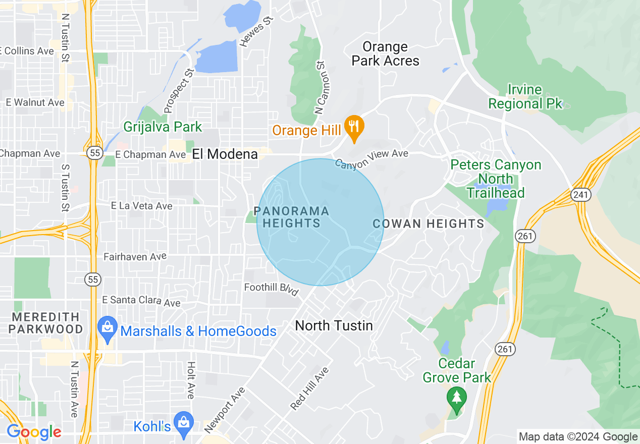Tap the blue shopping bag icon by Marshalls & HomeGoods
pyautogui.click(x=108, y=326)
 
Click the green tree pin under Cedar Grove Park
pyautogui.click(x=457, y=399)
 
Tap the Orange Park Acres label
pyautogui.click(x=385, y=54)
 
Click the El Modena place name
pyautogui.click(x=225, y=154)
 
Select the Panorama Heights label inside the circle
pyautogui.click(x=292, y=217)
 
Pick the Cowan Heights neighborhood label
pyautogui.click(x=428, y=224)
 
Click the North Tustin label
pyautogui.click(x=334, y=325)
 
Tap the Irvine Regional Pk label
pyautogui.click(x=525, y=97)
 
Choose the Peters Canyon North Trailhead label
pyautogui.click(x=496, y=179)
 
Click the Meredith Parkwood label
pyautogui.click(x=47, y=323)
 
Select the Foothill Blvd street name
pyautogui.click(x=271, y=290)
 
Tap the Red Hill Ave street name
pyautogui.click(x=309, y=388)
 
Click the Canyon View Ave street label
pyautogui.click(x=371, y=159)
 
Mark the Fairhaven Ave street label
pyautogui.click(x=135, y=257)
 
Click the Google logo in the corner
pyautogui.click(x=34, y=432)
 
